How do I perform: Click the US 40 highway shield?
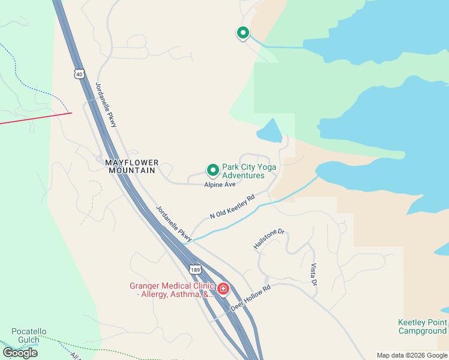(79, 74)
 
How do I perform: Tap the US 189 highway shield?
(194, 269)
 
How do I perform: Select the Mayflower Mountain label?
(132, 166)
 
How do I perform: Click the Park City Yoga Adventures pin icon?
(212, 170)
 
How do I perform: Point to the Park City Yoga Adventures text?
(243, 172)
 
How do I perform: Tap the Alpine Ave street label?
(220, 185)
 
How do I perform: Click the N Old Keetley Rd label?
(232, 206)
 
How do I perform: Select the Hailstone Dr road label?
(268, 238)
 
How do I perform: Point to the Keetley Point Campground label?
(423, 326)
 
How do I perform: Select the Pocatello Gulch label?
(29, 336)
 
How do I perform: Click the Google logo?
(20, 353)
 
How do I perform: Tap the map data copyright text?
(412, 355)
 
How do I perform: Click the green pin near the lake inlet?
(243, 33)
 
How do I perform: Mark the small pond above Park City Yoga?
(270, 131)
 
